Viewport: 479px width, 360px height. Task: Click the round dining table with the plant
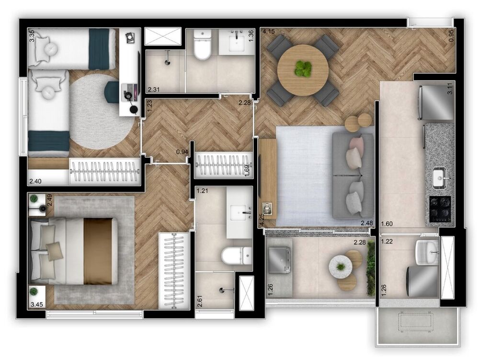coord(303,70)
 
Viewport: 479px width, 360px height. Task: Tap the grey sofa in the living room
coord(354,175)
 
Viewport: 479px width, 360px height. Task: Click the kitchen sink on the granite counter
coord(439,179)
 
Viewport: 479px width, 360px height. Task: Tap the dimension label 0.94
coord(182,152)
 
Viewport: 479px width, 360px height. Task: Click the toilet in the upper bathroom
coord(203,47)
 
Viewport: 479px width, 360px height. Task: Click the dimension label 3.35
coord(32,36)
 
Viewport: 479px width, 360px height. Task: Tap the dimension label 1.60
coord(387,224)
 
